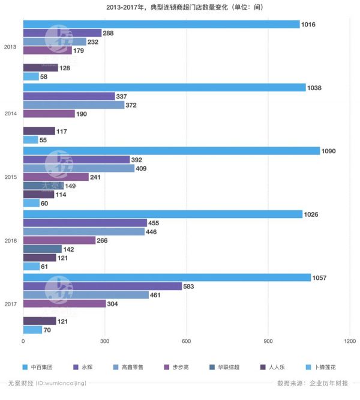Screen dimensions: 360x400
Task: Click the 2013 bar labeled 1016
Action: [x=161, y=24]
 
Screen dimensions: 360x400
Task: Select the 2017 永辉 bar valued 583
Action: [x=103, y=286]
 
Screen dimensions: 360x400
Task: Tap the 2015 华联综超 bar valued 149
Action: [x=43, y=186]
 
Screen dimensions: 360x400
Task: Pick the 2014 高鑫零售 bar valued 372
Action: [x=74, y=105]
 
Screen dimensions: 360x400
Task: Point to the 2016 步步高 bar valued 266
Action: [x=59, y=240]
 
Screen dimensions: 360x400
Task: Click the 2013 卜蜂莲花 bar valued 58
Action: [x=31, y=76]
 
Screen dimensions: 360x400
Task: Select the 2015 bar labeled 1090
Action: [x=172, y=151]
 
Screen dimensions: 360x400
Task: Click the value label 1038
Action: [x=314, y=88]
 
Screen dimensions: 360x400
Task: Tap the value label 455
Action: [x=154, y=223]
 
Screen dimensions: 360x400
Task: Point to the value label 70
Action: [x=47, y=330]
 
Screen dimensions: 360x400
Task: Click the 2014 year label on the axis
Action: [x=11, y=114]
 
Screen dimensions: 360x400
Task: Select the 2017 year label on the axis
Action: [x=11, y=304]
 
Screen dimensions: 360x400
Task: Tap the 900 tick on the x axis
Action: [x=268, y=341]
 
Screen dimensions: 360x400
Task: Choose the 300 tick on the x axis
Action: [x=105, y=341]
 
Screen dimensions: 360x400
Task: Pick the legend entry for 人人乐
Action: [x=272, y=368]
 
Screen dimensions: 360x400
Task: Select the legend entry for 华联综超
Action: [x=224, y=368]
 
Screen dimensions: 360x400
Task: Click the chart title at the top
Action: [x=185, y=7]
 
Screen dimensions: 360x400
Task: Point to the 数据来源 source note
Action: [x=313, y=383]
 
